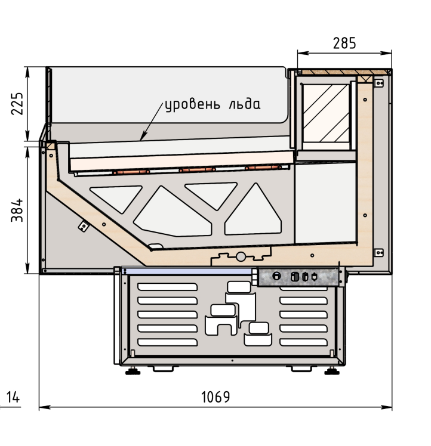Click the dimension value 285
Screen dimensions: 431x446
pos(344,44)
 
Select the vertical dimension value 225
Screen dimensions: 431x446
pos(17,104)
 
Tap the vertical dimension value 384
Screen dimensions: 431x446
pos(17,210)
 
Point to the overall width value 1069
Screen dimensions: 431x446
pos(215,397)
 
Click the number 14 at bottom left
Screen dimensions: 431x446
pos(13,397)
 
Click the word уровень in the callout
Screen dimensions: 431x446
pos(193,105)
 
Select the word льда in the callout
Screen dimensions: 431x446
pos(245,104)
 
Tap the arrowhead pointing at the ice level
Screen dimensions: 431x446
pos(143,136)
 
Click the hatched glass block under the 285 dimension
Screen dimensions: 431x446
pos(326,113)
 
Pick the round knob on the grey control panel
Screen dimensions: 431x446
pos(276,276)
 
